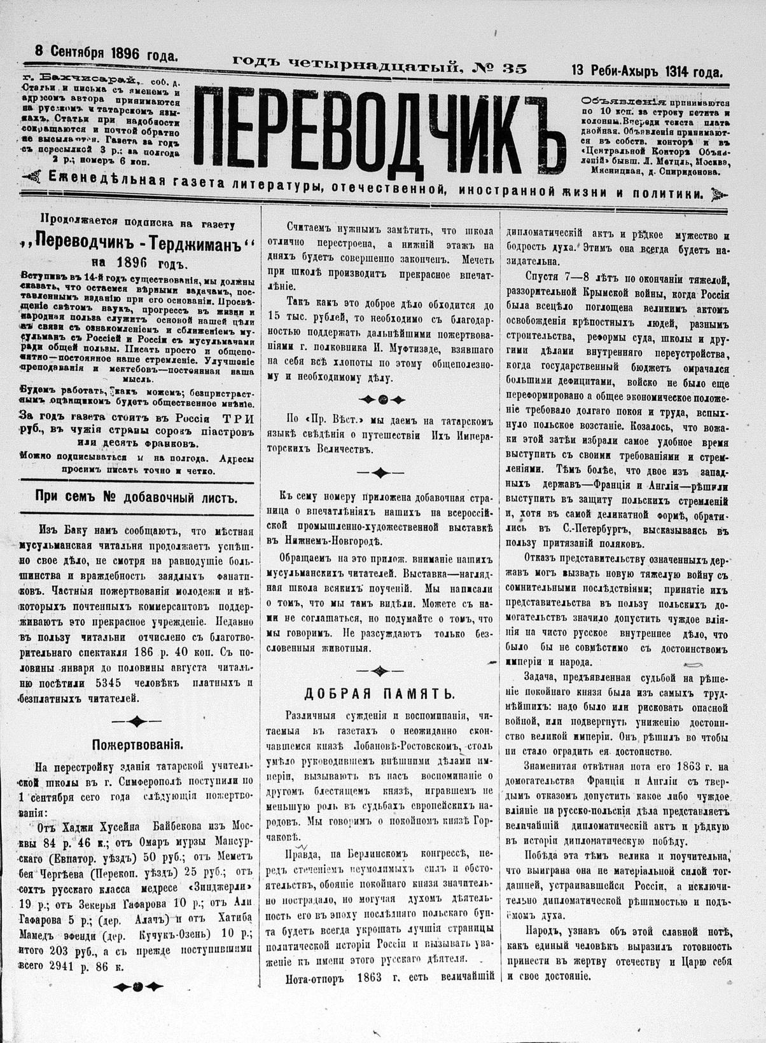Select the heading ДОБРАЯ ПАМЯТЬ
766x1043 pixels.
pos(379,693)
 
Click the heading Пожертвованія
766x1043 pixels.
pos(139,743)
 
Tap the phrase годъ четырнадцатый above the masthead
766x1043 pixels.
pos(346,64)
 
